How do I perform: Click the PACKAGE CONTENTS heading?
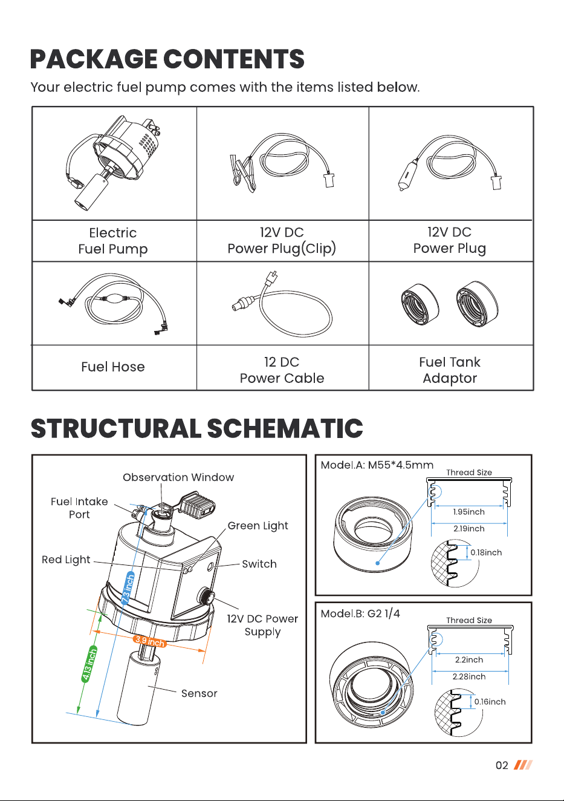(x=167, y=59)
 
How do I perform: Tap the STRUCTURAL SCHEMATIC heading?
(x=197, y=428)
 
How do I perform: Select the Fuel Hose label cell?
(x=113, y=367)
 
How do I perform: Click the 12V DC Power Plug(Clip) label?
(x=282, y=241)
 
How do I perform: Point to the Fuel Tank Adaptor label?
(x=450, y=370)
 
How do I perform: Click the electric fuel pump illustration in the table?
(x=113, y=163)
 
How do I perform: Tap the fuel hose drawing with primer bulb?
(x=114, y=304)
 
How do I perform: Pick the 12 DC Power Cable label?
(x=282, y=370)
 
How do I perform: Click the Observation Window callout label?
(x=178, y=477)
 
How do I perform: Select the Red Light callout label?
(x=66, y=560)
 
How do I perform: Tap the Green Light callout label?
(x=258, y=526)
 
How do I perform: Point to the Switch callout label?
(x=259, y=564)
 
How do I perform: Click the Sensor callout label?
(x=199, y=693)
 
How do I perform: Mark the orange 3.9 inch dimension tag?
(x=150, y=641)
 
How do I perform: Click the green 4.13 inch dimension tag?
(x=89, y=664)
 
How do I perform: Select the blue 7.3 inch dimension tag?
(x=128, y=588)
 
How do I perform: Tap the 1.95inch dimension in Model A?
(x=468, y=512)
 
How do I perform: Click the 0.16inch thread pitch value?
(x=490, y=702)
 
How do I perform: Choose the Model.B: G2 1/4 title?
(x=360, y=613)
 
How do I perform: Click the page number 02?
(x=502, y=765)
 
